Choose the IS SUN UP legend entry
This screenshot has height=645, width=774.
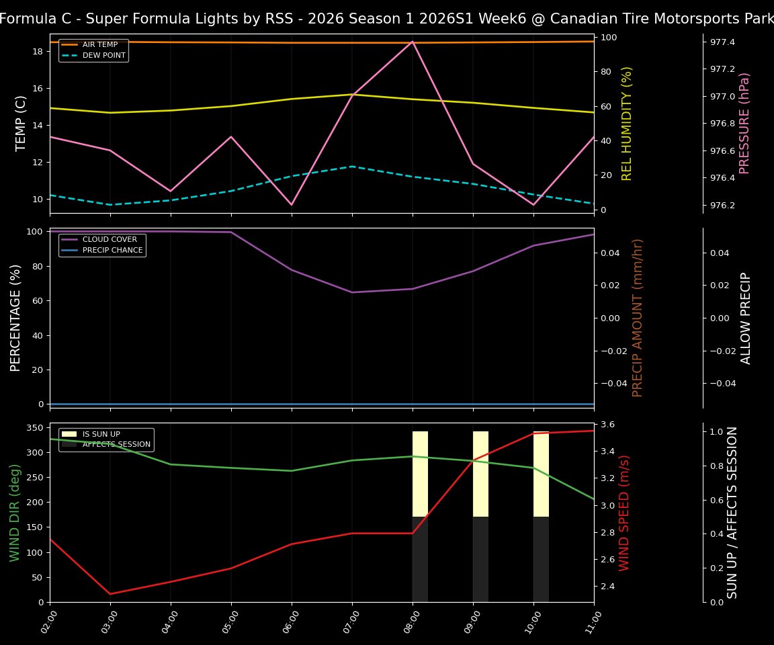click(x=101, y=435)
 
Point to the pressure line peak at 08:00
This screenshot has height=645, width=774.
click(x=413, y=42)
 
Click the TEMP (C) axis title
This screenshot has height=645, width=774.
click(x=21, y=123)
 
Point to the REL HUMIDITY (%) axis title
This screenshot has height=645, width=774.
click(x=627, y=123)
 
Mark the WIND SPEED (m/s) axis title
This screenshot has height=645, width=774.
click(x=625, y=513)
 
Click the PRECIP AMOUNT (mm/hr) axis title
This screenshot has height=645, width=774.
click(x=638, y=318)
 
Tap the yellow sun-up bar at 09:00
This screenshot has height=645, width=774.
click(x=480, y=474)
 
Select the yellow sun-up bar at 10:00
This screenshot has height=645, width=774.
click(x=541, y=474)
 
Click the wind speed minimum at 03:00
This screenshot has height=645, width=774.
click(x=110, y=594)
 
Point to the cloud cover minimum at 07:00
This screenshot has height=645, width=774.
click(x=352, y=292)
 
